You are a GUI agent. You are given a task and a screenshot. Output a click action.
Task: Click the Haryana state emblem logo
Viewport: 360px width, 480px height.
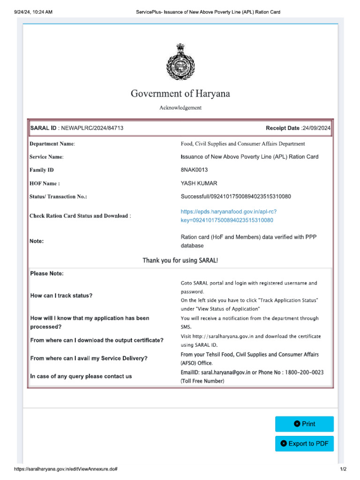click(x=180, y=62)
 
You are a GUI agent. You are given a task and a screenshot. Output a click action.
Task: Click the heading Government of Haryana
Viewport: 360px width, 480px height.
click(x=180, y=94)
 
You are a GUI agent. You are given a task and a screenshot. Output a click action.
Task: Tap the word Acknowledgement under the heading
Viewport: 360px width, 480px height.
click(x=180, y=108)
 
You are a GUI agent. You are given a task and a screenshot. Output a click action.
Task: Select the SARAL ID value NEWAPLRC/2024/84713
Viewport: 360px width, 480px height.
click(x=91, y=128)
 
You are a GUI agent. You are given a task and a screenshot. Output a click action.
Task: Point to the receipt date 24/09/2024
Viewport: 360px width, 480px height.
click(x=317, y=128)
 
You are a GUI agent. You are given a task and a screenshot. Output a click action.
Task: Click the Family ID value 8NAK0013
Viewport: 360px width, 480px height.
click(x=194, y=170)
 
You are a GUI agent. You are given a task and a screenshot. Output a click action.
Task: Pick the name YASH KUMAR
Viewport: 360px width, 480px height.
click(x=199, y=183)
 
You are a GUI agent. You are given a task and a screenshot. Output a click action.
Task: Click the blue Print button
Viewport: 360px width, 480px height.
click(x=304, y=424)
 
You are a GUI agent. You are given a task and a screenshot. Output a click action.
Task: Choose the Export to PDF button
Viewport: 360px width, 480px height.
click(x=304, y=443)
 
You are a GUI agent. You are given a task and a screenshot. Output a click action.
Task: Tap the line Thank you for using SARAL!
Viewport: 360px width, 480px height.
click(x=180, y=260)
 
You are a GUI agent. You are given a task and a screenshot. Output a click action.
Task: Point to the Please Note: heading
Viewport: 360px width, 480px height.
click(x=47, y=273)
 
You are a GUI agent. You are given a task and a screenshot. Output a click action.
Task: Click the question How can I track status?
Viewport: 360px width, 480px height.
click(x=61, y=296)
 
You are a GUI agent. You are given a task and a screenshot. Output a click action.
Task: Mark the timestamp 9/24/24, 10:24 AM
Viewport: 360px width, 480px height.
click(x=33, y=12)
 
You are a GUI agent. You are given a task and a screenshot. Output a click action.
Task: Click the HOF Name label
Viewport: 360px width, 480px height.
click(x=45, y=184)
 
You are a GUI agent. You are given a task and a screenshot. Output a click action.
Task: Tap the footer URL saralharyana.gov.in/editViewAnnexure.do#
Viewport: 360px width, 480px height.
click(x=65, y=469)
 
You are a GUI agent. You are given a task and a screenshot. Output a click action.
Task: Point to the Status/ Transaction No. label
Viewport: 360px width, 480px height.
click(x=58, y=197)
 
